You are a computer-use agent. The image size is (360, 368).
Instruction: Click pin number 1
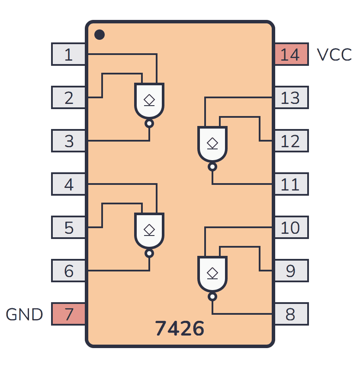pos(68,55)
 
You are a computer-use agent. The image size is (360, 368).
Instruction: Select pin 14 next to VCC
pos(291,55)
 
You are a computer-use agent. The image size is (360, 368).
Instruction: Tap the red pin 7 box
pos(68,314)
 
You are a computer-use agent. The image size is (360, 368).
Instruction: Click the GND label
pos(24,315)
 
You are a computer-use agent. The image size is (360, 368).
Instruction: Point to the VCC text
pos(334,55)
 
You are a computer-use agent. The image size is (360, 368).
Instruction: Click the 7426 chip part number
pos(180,329)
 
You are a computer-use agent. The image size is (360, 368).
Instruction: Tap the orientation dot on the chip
pos(100,34)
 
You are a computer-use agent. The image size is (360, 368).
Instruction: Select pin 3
pos(68,141)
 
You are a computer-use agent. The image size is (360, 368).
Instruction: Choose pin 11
pos(291,184)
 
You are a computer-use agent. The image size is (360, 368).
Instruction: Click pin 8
pos(291,314)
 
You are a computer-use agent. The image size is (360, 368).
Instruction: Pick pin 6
pos(68,271)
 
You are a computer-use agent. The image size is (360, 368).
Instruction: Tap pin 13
pos(291,98)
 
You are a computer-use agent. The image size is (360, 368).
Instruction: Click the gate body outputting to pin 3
pos(149,100)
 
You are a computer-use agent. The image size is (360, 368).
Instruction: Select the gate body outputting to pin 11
pos(212,144)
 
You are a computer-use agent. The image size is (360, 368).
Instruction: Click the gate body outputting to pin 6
pos(149,230)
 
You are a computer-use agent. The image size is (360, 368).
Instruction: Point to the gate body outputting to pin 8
pos(212,274)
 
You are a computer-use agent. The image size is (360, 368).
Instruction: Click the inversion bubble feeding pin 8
pos(212,297)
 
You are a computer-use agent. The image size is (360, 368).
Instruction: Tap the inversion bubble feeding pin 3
pos(149,124)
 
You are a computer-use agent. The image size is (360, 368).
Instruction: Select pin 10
pos(291,228)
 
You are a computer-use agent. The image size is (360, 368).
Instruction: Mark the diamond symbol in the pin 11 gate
pos(212,142)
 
